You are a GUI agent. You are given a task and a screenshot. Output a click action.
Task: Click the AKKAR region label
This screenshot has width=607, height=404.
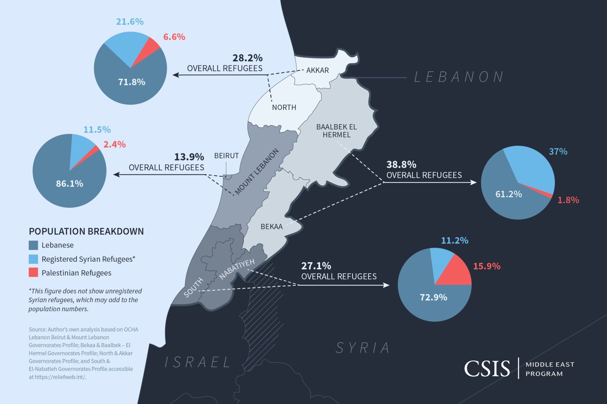tap(317, 70)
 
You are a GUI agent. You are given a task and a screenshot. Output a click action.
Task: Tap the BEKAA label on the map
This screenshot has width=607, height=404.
tap(271, 227)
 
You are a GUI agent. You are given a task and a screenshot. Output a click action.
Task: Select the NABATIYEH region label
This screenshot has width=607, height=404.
tap(237, 269)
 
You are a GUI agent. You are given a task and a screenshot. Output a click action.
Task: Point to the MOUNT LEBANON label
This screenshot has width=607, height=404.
tap(257, 171)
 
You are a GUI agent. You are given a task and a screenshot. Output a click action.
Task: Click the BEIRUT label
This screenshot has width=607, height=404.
tap(226, 156)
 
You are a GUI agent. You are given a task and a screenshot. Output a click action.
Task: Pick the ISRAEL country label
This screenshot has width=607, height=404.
tap(198, 362)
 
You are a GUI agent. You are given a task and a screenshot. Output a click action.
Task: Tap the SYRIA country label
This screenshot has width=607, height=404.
tap(363, 348)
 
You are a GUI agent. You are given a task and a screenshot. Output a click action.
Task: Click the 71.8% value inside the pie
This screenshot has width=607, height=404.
tap(132, 82)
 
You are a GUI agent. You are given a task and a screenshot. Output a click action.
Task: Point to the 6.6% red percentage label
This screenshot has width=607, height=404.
tap(174, 37)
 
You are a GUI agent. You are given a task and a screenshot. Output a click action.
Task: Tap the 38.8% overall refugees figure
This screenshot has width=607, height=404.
tap(401, 165)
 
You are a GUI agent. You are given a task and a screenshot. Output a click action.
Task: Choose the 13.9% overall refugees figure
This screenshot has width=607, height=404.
tap(189, 157)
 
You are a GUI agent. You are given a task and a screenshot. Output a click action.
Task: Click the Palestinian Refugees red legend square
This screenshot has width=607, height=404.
tap(33, 272)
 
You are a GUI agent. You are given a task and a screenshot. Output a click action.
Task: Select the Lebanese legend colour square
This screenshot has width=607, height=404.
tap(33, 245)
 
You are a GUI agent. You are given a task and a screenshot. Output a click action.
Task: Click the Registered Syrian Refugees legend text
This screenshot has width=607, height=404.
tap(88, 259)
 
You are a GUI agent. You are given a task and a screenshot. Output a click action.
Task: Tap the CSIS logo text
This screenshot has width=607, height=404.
tap(487, 369)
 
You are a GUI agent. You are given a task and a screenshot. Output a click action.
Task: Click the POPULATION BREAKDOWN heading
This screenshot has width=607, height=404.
tap(86, 231)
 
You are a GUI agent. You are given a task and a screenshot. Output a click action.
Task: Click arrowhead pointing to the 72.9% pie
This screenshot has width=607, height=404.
tap(386, 285)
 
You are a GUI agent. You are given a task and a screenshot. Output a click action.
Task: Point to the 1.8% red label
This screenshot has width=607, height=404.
tap(568, 200)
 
